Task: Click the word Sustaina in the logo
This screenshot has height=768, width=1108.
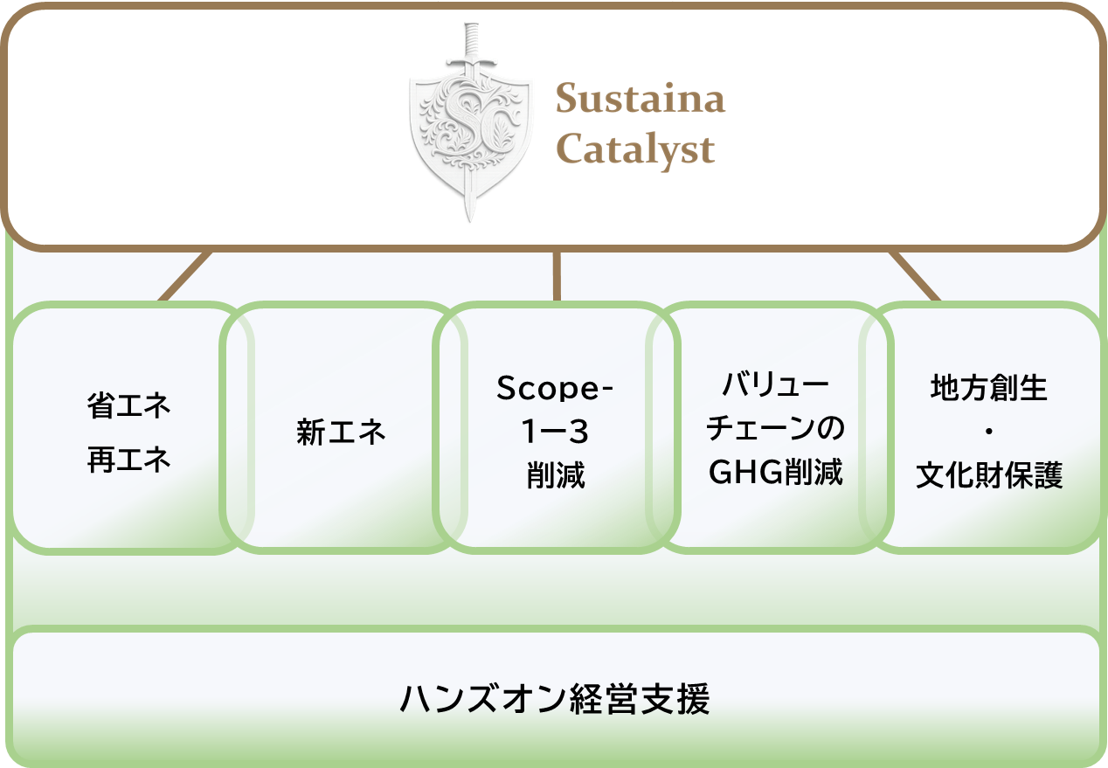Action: click(x=640, y=99)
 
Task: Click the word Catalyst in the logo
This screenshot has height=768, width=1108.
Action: click(x=635, y=149)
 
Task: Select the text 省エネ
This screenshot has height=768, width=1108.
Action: click(x=128, y=406)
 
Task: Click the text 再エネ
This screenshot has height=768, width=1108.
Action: click(x=128, y=460)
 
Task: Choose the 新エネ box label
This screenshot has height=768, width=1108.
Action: click(x=341, y=432)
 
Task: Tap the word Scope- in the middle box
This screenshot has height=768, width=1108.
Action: click(x=556, y=388)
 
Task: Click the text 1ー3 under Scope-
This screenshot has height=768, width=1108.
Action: click(x=556, y=432)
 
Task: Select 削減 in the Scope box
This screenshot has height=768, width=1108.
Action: click(x=556, y=476)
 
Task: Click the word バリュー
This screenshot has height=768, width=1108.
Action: click(x=775, y=384)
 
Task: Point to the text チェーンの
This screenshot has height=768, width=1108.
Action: click(x=775, y=429)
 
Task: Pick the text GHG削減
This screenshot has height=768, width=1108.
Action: click(x=775, y=473)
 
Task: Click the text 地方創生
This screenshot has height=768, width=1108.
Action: click(x=989, y=388)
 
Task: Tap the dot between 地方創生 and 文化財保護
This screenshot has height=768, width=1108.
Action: click(x=989, y=432)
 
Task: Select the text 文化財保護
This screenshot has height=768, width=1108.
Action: click(x=989, y=476)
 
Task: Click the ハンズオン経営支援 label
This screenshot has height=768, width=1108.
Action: click(x=555, y=700)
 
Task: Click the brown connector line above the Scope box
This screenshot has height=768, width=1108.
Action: click(x=556, y=276)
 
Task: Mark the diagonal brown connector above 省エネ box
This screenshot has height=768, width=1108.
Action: click(x=185, y=276)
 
